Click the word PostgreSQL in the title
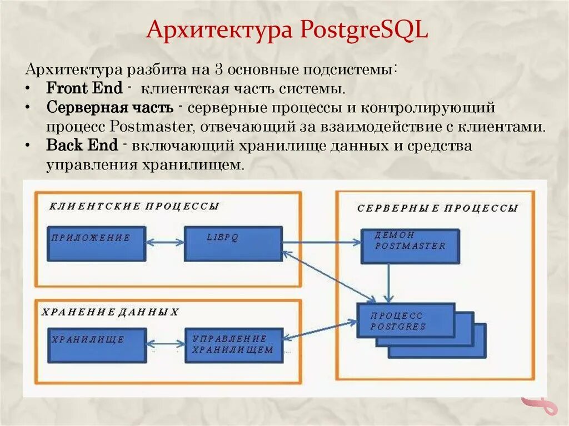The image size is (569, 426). [x=364, y=31]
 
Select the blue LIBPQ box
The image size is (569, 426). [x=233, y=243]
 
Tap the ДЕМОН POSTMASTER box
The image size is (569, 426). [x=410, y=245]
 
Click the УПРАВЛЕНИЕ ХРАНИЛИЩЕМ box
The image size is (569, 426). [x=233, y=345]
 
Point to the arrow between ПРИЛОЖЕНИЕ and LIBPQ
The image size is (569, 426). [x=165, y=243]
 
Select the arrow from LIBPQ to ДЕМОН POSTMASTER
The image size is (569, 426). [x=322, y=242]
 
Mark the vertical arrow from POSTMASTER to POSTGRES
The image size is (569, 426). [x=391, y=283]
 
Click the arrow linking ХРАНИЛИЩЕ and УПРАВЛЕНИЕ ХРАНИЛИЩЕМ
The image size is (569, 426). [x=165, y=344]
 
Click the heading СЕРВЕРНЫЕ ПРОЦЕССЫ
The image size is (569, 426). [x=437, y=208]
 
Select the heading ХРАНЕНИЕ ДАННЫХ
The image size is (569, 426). [x=110, y=312]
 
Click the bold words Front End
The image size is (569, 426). [x=84, y=88]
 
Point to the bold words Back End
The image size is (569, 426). [x=82, y=146]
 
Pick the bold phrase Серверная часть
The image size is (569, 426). [x=110, y=107]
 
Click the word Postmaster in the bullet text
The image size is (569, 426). [x=151, y=126]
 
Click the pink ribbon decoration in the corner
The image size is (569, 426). [x=540, y=406]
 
